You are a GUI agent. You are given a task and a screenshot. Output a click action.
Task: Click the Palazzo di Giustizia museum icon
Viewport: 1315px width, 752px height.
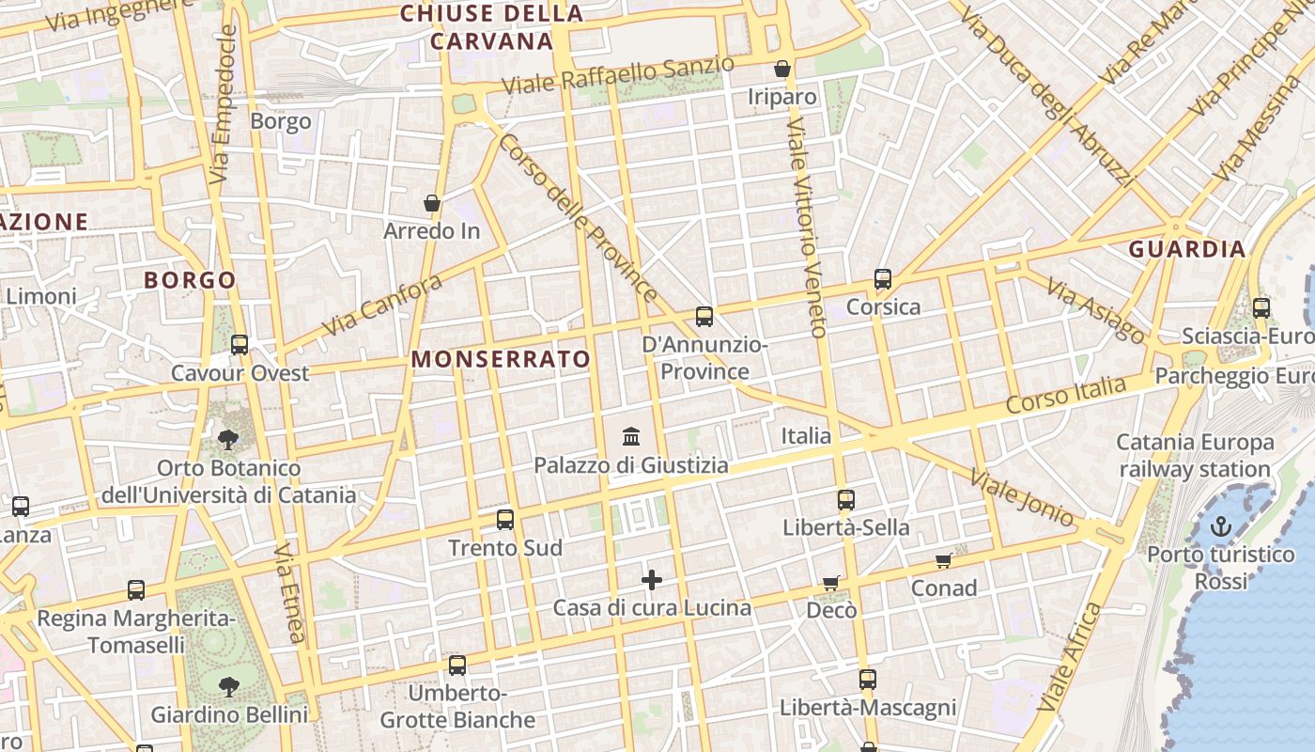631,437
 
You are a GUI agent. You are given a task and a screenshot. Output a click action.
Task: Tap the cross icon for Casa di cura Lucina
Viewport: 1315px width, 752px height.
652,580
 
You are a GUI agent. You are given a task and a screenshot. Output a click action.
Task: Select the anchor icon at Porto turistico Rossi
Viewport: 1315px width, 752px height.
1220,526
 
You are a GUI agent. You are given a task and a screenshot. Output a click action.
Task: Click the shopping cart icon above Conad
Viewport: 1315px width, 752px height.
943,561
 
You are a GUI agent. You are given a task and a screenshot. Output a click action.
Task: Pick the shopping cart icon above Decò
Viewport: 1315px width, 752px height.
830,584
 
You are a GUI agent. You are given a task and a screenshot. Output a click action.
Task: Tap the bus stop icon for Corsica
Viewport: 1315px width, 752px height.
883,279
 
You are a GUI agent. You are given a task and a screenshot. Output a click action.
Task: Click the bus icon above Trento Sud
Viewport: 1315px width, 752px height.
505,520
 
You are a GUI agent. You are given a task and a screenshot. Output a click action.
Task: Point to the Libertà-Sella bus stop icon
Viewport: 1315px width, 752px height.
846,500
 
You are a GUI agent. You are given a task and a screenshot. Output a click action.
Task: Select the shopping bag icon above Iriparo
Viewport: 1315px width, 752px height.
781,70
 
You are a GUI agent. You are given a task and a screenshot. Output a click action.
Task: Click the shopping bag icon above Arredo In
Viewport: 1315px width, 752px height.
432,203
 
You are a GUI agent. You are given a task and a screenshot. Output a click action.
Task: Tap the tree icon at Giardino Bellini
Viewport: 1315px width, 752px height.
228,687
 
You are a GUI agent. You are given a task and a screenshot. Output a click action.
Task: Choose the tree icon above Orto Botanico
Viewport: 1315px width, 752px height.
228,438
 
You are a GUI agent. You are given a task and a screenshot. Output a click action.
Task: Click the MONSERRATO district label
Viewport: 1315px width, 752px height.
501,359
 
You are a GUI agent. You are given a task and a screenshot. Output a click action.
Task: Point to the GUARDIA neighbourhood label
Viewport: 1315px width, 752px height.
1187,249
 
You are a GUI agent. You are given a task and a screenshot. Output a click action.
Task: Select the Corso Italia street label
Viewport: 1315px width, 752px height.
1065,395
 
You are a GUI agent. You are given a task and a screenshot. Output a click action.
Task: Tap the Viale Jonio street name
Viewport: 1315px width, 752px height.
1023,497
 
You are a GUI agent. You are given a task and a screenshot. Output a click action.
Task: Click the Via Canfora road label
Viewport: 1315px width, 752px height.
382,305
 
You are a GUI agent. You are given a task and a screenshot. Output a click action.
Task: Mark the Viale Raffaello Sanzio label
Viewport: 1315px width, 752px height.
618,75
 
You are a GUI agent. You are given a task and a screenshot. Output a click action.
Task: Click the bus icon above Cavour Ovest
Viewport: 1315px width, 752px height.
240,345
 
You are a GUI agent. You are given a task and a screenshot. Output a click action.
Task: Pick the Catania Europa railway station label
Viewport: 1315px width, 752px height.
1195,455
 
